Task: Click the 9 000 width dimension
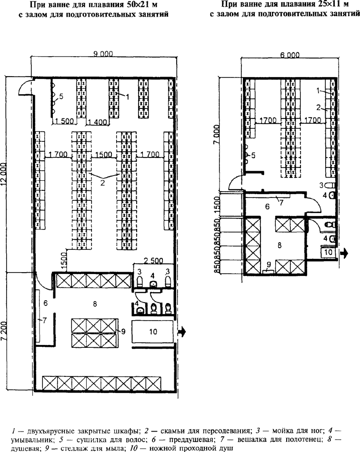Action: pyautogui.click(x=103, y=54)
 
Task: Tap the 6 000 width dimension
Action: pyautogui.click(x=290, y=55)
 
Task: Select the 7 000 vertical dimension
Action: pyautogui.click(x=216, y=136)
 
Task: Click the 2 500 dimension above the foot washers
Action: pyautogui.click(x=153, y=261)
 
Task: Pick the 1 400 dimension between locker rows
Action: pyautogui.click(x=98, y=122)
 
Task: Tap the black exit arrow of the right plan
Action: pyautogui.click(x=344, y=254)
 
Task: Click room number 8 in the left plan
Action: pyautogui.click(x=95, y=304)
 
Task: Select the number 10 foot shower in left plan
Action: pyautogui.click(x=153, y=332)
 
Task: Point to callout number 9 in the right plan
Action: pyautogui.click(x=269, y=264)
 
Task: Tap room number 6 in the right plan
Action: pyautogui.click(x=267, y=206)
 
